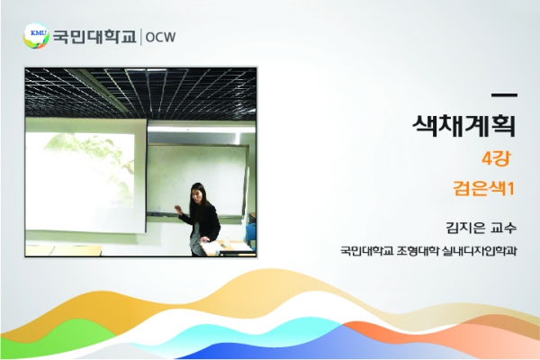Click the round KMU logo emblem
(x=36, y=36)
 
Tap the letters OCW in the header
(x=160, y=37)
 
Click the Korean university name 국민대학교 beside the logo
(x=94, y=37)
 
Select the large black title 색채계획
(x=463, y=125)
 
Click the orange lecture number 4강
(x=496, y=158)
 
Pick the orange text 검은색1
(x=483, y=189)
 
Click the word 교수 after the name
(x=505, y=228)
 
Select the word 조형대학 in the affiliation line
(x=418, y=250)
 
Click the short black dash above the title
(x=504, y=95)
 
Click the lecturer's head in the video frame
(x=197, y=194)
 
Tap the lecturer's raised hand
(x=178, y=209)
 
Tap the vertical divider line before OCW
(x=140, y=37)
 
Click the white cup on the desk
(x=226, y=241)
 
